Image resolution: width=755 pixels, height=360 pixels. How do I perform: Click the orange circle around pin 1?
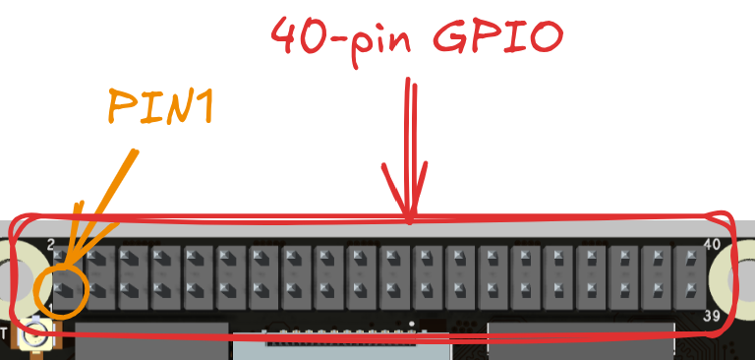click(60, 291)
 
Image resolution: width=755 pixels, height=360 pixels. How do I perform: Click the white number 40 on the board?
click(714, 243)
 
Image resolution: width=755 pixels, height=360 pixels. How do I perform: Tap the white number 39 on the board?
click(715, 317)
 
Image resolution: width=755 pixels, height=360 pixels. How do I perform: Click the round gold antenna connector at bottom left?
click(36, 334)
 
